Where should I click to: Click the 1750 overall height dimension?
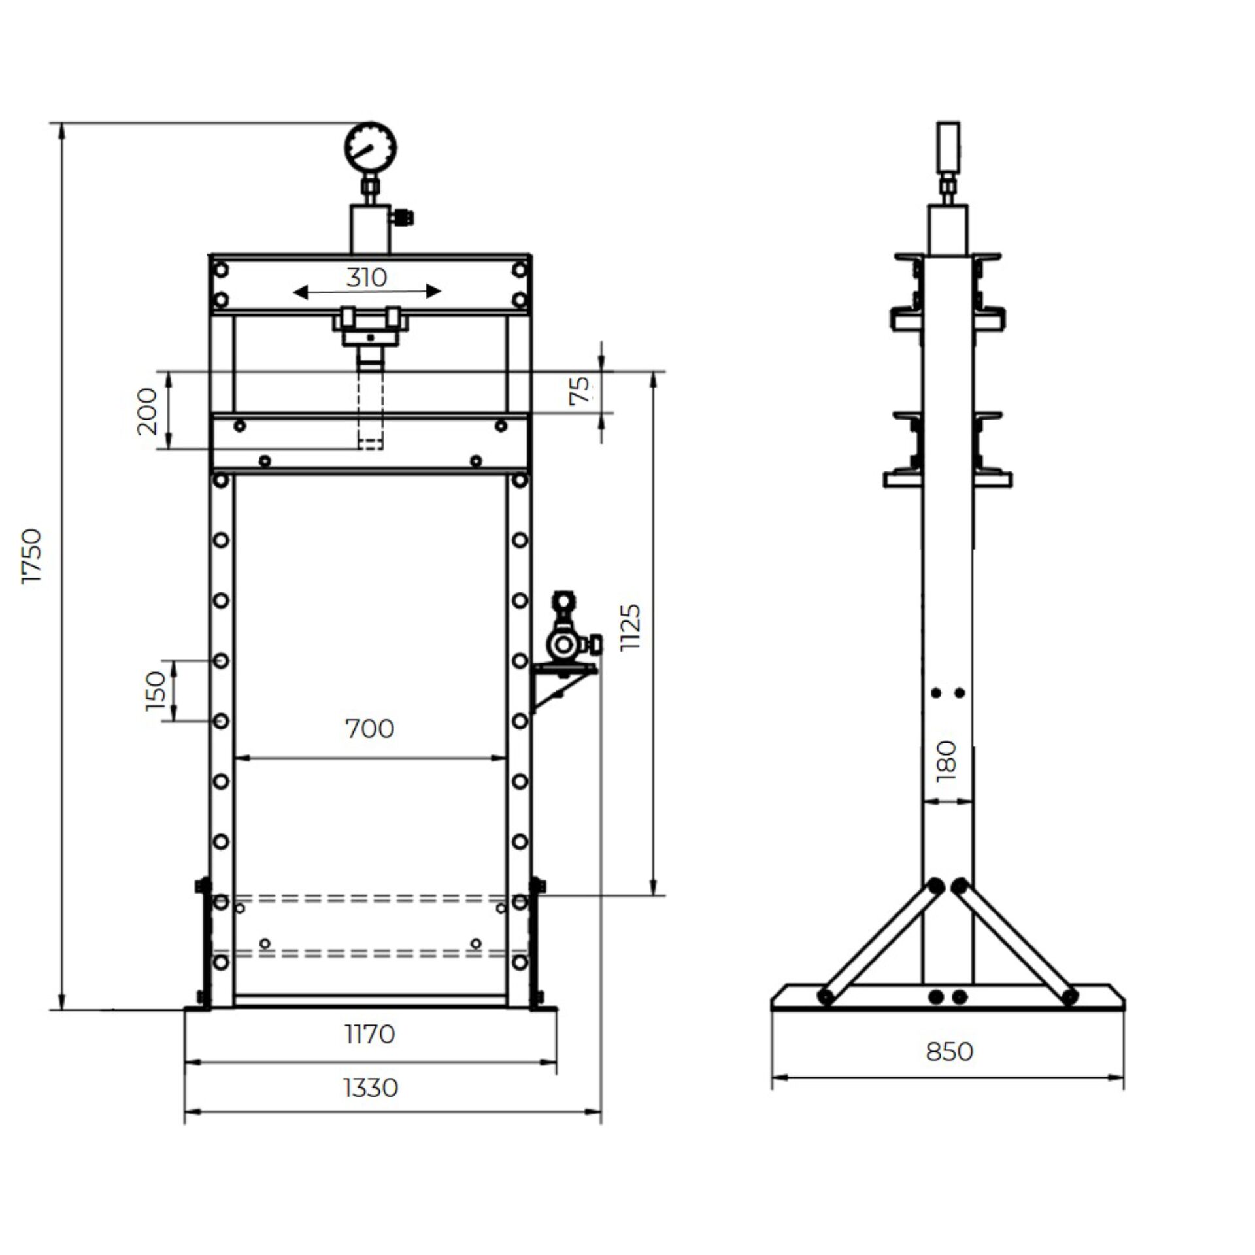31,556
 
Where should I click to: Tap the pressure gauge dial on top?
371,148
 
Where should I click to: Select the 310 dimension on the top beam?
367,278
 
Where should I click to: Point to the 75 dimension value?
579,390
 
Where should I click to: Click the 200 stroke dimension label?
148,411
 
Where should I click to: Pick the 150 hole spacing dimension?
157,691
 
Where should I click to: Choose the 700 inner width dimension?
369,729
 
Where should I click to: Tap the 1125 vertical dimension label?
631,627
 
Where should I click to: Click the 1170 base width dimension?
370,1033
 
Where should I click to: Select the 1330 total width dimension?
370,1088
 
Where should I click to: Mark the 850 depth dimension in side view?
949,1051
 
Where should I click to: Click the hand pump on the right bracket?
563,644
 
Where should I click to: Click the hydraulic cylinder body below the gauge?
370,229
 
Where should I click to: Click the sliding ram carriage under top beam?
371,327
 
